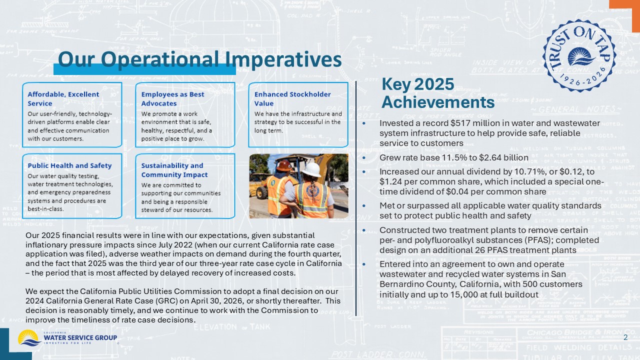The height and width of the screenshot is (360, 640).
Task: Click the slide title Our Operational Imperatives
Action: point(199,59)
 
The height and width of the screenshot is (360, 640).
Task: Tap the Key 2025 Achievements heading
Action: point(437,93)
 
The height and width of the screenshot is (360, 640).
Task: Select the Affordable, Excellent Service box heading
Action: point(63,98)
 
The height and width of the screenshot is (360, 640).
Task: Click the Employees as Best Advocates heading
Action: point(172,98)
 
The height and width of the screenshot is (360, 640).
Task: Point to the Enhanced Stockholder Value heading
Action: point(292,98)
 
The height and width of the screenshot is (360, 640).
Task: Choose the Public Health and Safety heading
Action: point(69,165)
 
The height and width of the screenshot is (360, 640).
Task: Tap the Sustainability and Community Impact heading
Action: point(172,170)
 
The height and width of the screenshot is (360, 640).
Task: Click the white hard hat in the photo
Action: point(312,169)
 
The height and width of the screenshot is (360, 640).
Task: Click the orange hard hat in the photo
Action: point(284,165)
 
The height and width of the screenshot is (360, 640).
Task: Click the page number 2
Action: point(625,338)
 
